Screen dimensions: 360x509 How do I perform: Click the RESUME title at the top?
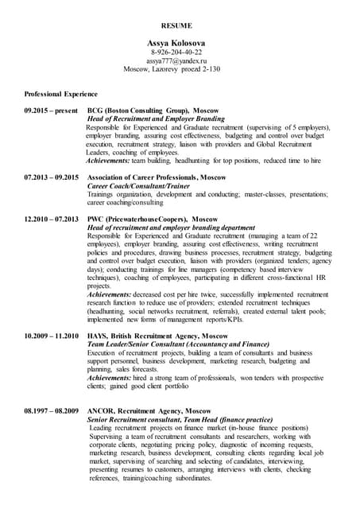pos(177,25)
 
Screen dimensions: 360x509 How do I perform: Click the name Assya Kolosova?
pos(177,41)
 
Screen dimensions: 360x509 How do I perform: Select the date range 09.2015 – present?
pos(51,110)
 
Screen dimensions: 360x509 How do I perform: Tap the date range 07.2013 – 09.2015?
pos(52,177)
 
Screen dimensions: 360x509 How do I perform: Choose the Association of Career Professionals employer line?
pos(157,177)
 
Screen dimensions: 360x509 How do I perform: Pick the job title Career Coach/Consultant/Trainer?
pos(139,185)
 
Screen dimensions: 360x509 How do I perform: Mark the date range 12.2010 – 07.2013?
pos(52,218)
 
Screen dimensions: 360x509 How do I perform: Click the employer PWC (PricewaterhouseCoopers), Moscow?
pos(153,218)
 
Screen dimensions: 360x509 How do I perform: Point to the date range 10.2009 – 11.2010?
pos(52,336)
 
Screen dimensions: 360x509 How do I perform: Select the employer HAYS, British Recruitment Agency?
pos(157,336)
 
